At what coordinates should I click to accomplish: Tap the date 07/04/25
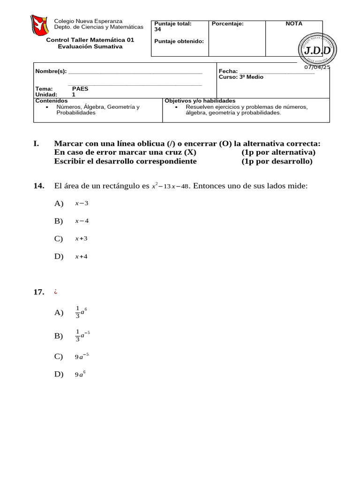317,67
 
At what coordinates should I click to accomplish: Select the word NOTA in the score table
294,23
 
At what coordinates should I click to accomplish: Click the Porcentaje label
228,23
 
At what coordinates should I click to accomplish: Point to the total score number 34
157,29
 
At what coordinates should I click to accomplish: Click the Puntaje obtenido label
179,41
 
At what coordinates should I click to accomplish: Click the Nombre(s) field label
51,71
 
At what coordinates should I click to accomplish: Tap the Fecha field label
228,71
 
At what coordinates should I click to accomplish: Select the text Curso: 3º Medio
241,77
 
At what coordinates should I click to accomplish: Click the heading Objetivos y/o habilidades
200,101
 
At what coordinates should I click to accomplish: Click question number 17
38,292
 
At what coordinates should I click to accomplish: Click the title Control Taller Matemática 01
90,40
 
